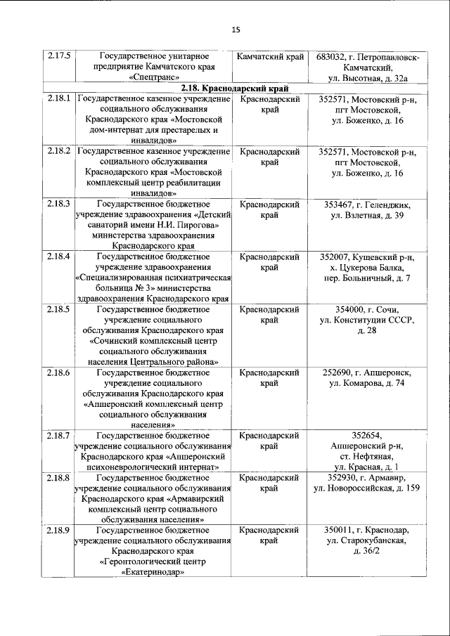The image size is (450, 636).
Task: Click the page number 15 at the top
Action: tap(236, 29)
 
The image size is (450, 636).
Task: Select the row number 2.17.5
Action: tap(58, 55)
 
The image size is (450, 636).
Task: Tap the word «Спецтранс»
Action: tap(155, 77)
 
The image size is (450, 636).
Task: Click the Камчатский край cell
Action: tap(270, 55)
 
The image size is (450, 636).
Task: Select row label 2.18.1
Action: tap(58, 100)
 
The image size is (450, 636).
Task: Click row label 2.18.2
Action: tap(58, 152)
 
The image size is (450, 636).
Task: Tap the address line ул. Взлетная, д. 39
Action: tap(367, 216)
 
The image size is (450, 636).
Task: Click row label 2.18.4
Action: tap(58, 257)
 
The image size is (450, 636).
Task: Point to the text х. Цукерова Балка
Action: tap(367, 268)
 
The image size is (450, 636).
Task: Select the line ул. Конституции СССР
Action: tap(367, 320)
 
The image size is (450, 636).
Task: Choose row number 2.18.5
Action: tap(58, 309)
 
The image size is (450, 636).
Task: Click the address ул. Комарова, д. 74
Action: tap(367, 383)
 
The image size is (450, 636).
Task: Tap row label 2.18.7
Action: tap(58, 435)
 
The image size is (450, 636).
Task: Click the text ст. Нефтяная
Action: tap(367, 456)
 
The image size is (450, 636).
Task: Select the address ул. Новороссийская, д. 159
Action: tap(367, 488)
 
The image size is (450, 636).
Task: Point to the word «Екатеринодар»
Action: tap(155, 572)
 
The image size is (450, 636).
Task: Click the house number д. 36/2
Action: tap(367, 551)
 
